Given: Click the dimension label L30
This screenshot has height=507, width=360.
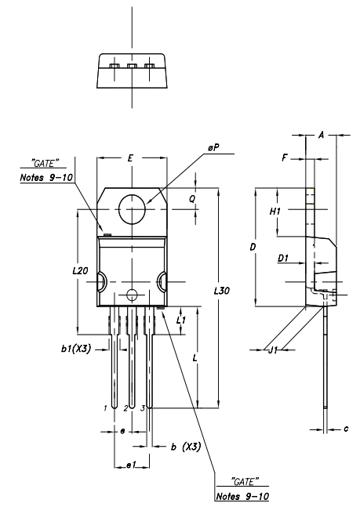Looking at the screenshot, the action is click(x=222, y=291).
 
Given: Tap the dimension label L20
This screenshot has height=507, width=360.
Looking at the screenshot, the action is click(x=80, y=270).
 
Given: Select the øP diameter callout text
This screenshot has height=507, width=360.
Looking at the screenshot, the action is click(x=213, y=148).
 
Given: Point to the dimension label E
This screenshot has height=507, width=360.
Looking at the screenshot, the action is click(x=130, y=158).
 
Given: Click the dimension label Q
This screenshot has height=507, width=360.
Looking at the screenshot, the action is click(x=192, y=199).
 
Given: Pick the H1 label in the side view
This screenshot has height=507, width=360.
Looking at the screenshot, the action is click(x=275, y=212).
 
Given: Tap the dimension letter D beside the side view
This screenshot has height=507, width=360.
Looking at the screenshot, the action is click(x=253, y=247).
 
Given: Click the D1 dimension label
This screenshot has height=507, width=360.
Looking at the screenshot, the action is click(x=283, y=258).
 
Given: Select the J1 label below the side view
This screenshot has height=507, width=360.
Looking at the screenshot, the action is click(x=273, y=349).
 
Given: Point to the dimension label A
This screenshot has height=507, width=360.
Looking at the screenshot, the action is click(x=321, y=135).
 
